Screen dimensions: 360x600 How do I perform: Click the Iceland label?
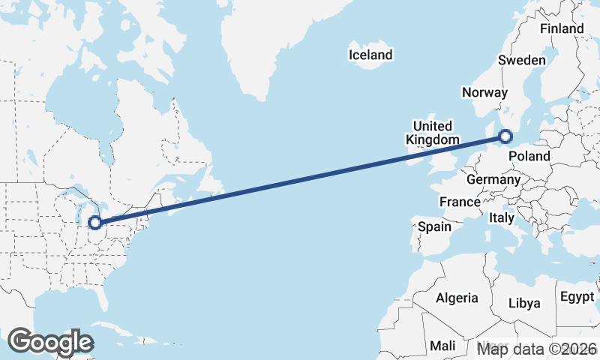[x=370, y=55]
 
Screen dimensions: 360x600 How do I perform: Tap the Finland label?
[x=562, y=28]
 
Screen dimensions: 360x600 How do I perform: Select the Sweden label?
[x=522, y=60]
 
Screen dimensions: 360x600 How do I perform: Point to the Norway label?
[x=485, y=92]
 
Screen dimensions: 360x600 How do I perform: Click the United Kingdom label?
[x=433, y=133]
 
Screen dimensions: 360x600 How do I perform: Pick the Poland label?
[x=529, y=156]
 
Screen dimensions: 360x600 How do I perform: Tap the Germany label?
[x=493, y=180]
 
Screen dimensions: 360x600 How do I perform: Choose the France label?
[x=460, y=202]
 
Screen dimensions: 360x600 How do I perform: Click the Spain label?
[x=435, y=226]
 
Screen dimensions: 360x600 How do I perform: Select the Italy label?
[x=500, y=217]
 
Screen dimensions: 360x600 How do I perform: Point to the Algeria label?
[x=457, y=298]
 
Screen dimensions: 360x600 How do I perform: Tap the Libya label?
[x=524, y=303]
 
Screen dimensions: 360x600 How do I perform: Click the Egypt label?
[x=577, y=296]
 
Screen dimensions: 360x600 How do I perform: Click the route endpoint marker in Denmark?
[x=505, y=136]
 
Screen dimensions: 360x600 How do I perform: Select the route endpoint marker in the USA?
[x=95, y=222]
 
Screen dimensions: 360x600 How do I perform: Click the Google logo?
[x=50, y=342]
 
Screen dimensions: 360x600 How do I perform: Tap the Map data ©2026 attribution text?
[x=537, y=349]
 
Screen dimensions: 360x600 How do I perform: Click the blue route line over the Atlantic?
[x=300, y=179]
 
